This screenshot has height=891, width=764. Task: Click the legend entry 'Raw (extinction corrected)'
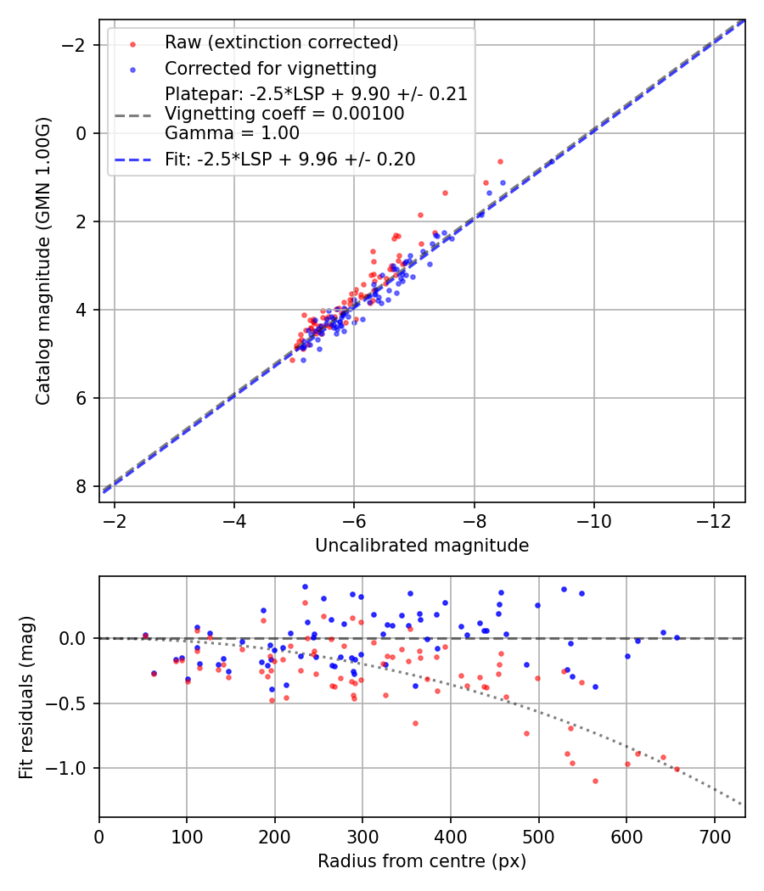(x=281, y=42)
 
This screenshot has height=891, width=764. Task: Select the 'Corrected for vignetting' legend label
(x=270, y=68)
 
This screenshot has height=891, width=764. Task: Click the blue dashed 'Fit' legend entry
(x=289, y=160)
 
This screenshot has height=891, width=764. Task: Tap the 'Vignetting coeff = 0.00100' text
(x=284, y=113)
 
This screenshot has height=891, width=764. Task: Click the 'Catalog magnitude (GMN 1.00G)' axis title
(x=43, y=261)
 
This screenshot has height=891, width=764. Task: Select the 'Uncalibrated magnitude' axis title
(x=422, y=546)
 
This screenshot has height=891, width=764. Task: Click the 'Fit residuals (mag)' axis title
(x=26, y=697)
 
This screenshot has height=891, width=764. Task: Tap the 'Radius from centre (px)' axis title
(x=422, y=861)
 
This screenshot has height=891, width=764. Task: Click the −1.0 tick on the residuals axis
(x=74, y=768)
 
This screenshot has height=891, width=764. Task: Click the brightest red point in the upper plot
(x=500, y=161)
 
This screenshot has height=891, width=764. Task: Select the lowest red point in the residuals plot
(x=595, y=781)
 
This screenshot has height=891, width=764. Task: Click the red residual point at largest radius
(x=677, y=769)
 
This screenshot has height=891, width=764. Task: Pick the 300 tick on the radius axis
(x=362, y=836)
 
